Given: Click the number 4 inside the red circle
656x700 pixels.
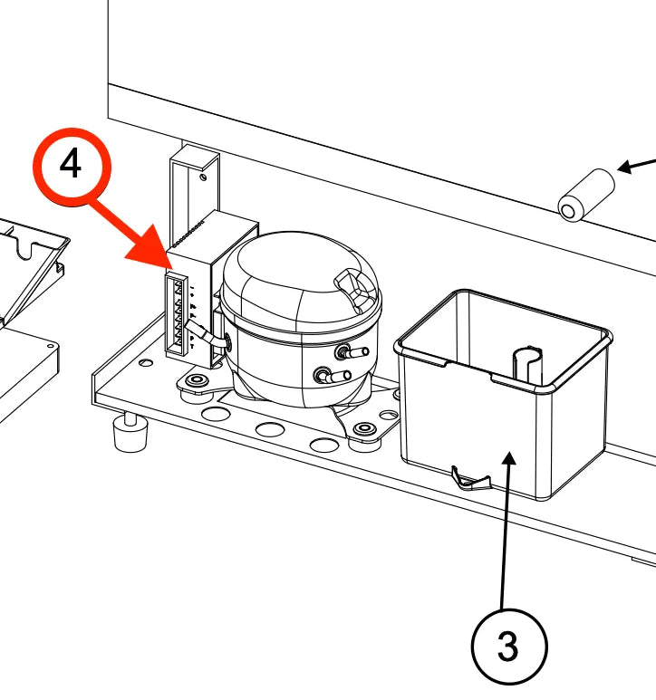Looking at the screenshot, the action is pos(71,163).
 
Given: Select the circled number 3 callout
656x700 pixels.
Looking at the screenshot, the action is pos(508,646).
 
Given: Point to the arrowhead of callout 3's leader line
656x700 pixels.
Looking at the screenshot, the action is pos(510,459).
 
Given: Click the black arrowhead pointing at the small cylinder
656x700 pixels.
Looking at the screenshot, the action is pos(625,168).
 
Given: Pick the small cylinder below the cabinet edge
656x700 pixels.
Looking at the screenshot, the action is pos(586,195).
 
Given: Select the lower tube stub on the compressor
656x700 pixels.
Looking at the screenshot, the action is pos(334,376).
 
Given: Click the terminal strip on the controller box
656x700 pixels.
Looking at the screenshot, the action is pos(176,314).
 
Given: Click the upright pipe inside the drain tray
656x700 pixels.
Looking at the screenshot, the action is pos(527,365).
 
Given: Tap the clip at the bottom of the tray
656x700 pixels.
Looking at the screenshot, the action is pos(470,477).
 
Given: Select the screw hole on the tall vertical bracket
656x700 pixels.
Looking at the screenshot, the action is pos(203,177).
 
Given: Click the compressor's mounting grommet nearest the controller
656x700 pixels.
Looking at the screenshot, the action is pos(197,381).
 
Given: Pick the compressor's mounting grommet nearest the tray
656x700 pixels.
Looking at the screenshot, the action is pos(364,429).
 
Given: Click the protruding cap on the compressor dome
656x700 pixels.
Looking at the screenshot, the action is pos(354,288).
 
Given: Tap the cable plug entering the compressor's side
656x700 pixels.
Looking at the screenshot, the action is pos(217,338).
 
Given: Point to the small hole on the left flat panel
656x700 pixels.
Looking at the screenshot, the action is pos(51,346).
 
